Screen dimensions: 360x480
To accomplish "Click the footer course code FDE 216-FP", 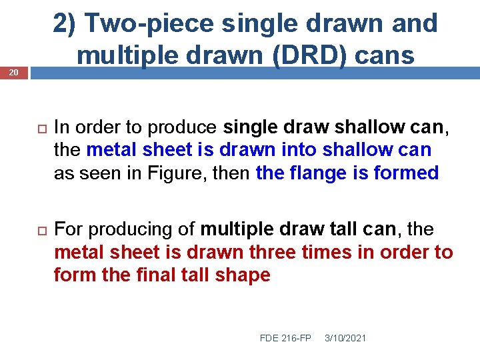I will click(285, 338).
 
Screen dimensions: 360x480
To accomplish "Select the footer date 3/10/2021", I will click(345, 338).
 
